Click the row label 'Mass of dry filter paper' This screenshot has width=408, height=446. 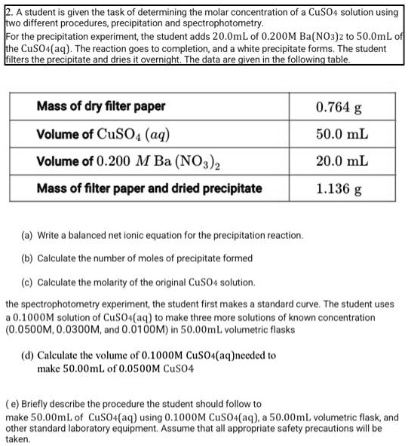click(101, 106)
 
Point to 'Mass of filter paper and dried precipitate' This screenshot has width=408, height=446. click(149, 188)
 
